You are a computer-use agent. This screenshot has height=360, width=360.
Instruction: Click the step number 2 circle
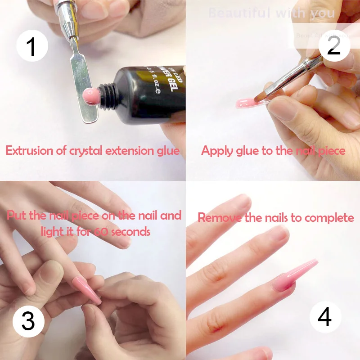pyautogui.click(x=334, y=45)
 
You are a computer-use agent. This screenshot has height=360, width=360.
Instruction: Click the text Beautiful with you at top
pyautogui.click(x=272, y=13)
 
